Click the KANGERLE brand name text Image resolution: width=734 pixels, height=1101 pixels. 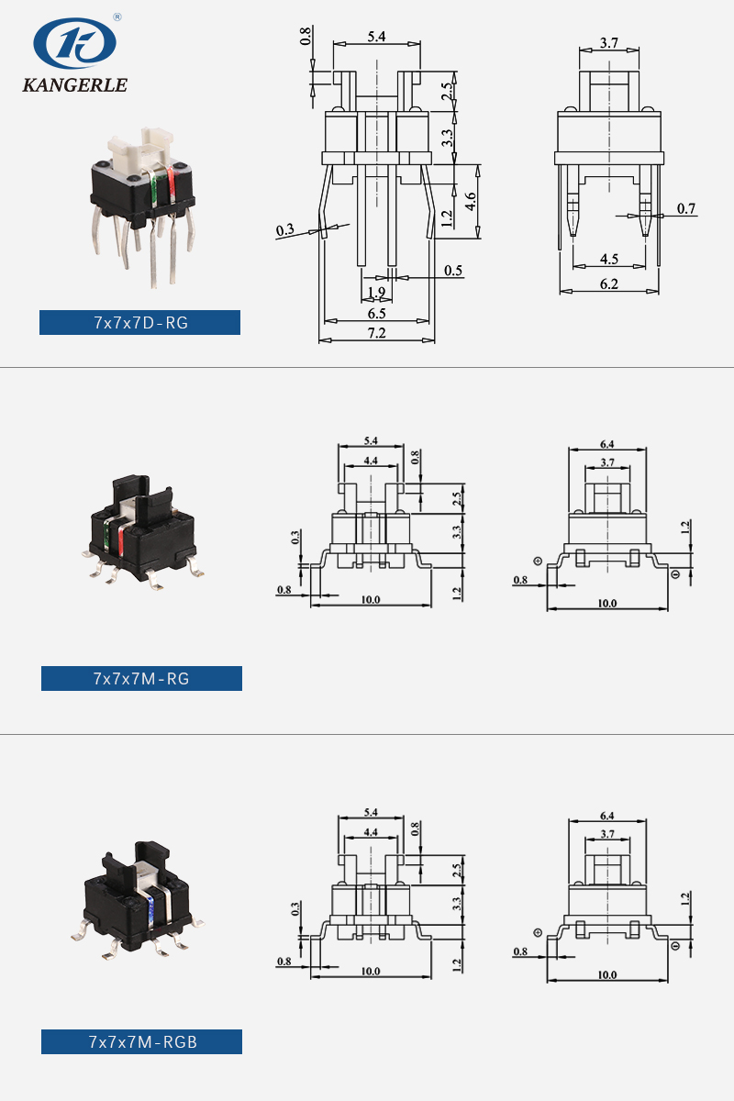click(x=74, y=85)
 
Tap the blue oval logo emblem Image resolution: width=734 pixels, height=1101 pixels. click(x=74, y=43)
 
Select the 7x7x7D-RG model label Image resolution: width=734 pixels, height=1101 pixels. click(x=139, y=322)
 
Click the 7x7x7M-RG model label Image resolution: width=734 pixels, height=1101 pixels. click(x=141, y=678)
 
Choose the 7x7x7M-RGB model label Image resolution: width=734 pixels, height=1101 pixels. click(x=141, y=1041)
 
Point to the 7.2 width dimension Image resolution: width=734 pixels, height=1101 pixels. click(x=376, y=333)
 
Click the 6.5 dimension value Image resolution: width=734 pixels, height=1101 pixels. click(x=376, y=313)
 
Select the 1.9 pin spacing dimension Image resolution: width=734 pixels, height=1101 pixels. click(x=376, y=293)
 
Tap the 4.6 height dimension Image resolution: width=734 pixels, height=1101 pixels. click(x=471, y=202)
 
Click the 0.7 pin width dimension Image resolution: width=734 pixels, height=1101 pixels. click(x=686, y=209)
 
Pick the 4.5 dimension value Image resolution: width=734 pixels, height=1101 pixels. click(x=608, y=260)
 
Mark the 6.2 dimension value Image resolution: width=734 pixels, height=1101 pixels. click(x=608, y=284)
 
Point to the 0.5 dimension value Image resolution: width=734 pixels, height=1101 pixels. click(x=453, y=271)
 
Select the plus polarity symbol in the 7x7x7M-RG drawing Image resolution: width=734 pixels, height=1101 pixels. click(x=537, y=561)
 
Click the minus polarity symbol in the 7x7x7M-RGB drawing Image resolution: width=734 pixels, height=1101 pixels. click(x=675, y=945)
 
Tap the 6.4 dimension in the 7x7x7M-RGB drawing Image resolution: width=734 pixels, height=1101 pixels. click(x=606, y=815)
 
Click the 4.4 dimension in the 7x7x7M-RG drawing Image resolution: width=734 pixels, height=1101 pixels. click(x=371, y=461)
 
